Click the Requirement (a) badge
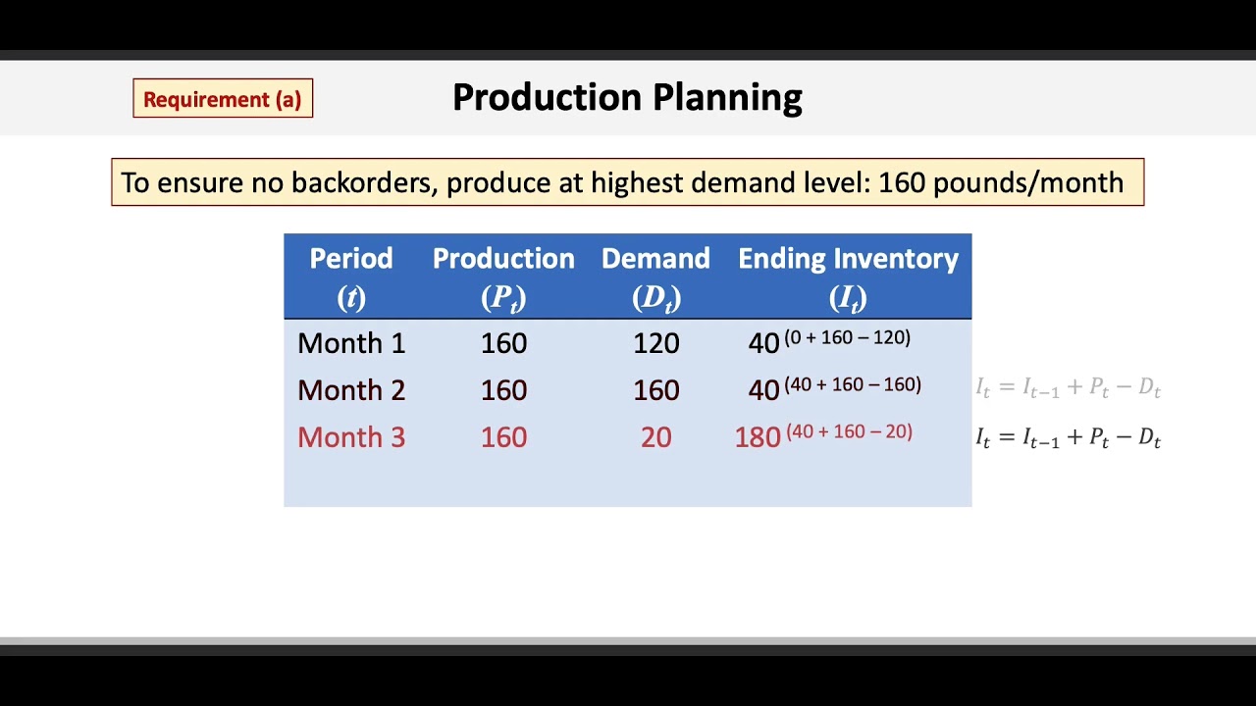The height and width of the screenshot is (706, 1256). point(223,99)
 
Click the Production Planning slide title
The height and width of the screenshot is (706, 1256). point(627,97)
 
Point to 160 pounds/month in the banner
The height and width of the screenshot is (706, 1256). point(1000,182)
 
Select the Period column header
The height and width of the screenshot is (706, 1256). point(351,276)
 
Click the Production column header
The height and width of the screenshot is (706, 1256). point(503,276)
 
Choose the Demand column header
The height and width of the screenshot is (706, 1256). point(655,276)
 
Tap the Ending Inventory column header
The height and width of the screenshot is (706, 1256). point(848,276)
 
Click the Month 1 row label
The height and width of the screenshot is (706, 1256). point(351,343)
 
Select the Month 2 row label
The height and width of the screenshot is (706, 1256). point(351,390)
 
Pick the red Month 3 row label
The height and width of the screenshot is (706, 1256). point(351,437)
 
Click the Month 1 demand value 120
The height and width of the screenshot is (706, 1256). point(655,343)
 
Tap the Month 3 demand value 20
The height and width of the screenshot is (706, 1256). point(655,437)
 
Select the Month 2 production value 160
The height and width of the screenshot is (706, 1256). point(503,390)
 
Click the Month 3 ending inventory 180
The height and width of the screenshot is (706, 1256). point(758,438)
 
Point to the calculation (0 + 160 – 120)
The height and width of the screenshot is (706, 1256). point(847,337)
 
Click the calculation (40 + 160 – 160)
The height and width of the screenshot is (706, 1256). point(853,384)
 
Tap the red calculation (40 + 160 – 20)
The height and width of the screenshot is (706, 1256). point(849,431)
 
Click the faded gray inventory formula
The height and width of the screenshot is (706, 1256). point(1068,388)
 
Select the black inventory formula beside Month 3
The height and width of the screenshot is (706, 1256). point(1068,438)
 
